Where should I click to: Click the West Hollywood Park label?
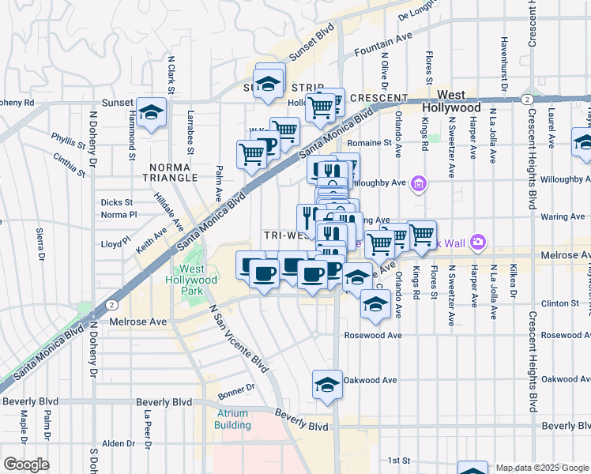pyautogui.click(x=193, y=280)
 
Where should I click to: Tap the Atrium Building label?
pyautogui.click(x=232, y=419)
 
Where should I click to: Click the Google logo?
pyautogui.click(x=25, y=465)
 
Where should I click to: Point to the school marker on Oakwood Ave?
pyautogui.click(x=327, y=385)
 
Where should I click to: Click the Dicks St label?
pyautogui.click(x=117, y=202)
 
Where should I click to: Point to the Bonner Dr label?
pyautogui.click(x=236, y=389)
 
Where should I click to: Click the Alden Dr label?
pyautogui.click(x=119, y=443)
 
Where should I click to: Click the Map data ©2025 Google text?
pyautogui.click(x=542, y=468)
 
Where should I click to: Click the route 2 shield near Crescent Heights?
pyautogui.click(x=526, y=99)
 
